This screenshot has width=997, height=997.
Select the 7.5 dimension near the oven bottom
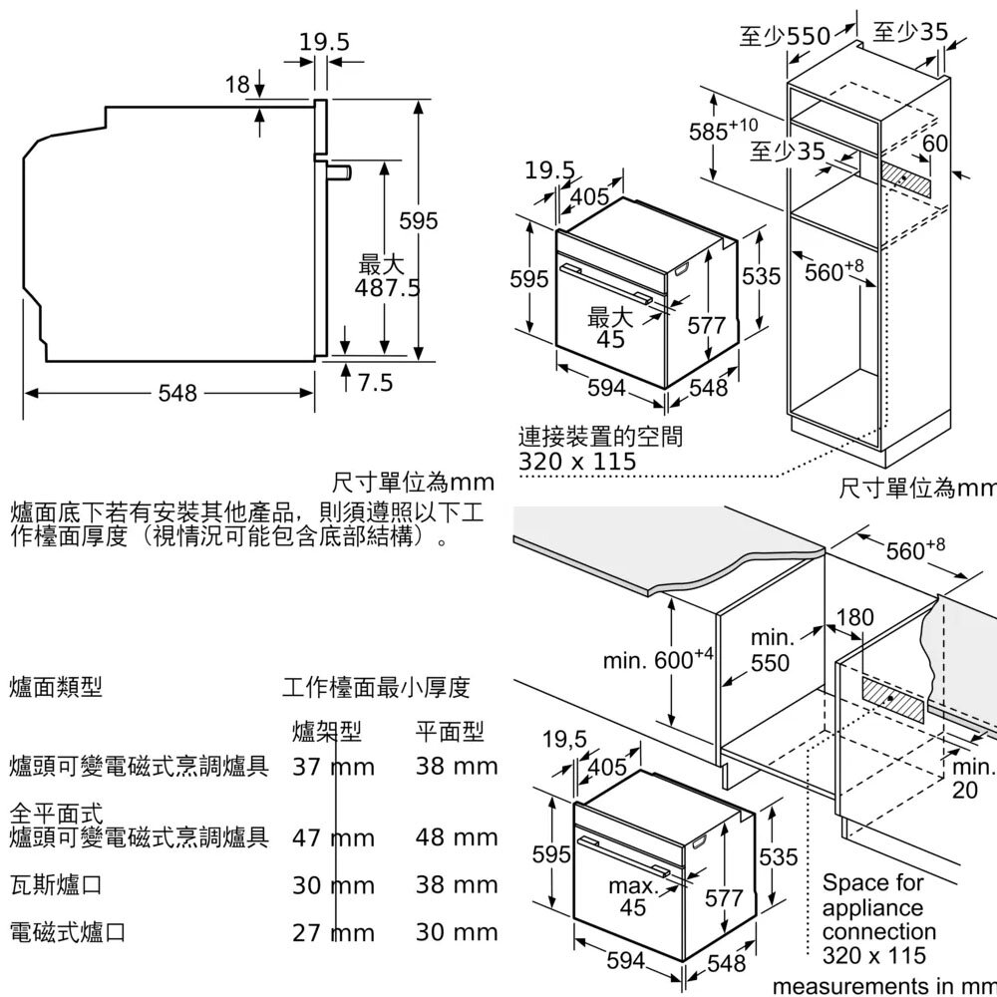click(x=375, y=382)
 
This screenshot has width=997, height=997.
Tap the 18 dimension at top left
click(x=236, y=86)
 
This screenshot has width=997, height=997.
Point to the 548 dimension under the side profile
click(x=177, y=393)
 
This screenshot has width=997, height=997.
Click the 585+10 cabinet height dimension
click(x=723, y=130)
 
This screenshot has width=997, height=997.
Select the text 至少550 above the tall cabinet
click(x=785, y=37)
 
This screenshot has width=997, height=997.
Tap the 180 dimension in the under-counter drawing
click(x=855, y=617)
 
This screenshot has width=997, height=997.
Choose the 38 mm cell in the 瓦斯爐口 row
click(x=456, y=884)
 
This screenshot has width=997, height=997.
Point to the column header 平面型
click(x=449, y=733)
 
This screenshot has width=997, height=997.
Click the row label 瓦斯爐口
click(x=55, y=884)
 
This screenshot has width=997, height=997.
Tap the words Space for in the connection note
click(x=872, y=883)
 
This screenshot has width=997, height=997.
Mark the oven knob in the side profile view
click(x=342, y=172)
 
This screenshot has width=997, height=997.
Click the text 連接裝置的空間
click(x=601, y=437)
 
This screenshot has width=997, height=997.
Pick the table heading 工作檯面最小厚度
click(x=376, y=687)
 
